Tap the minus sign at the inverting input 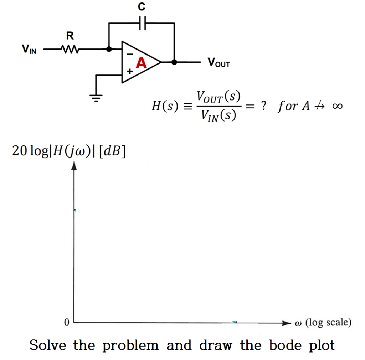tap(130, 54)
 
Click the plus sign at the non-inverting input tap(130, 72)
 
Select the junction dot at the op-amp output tap(174, 62)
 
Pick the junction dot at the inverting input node tap(109, 49)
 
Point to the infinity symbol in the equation tap(336, 106)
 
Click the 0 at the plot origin tap(66, 323)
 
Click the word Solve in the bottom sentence tap(48, 345)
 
